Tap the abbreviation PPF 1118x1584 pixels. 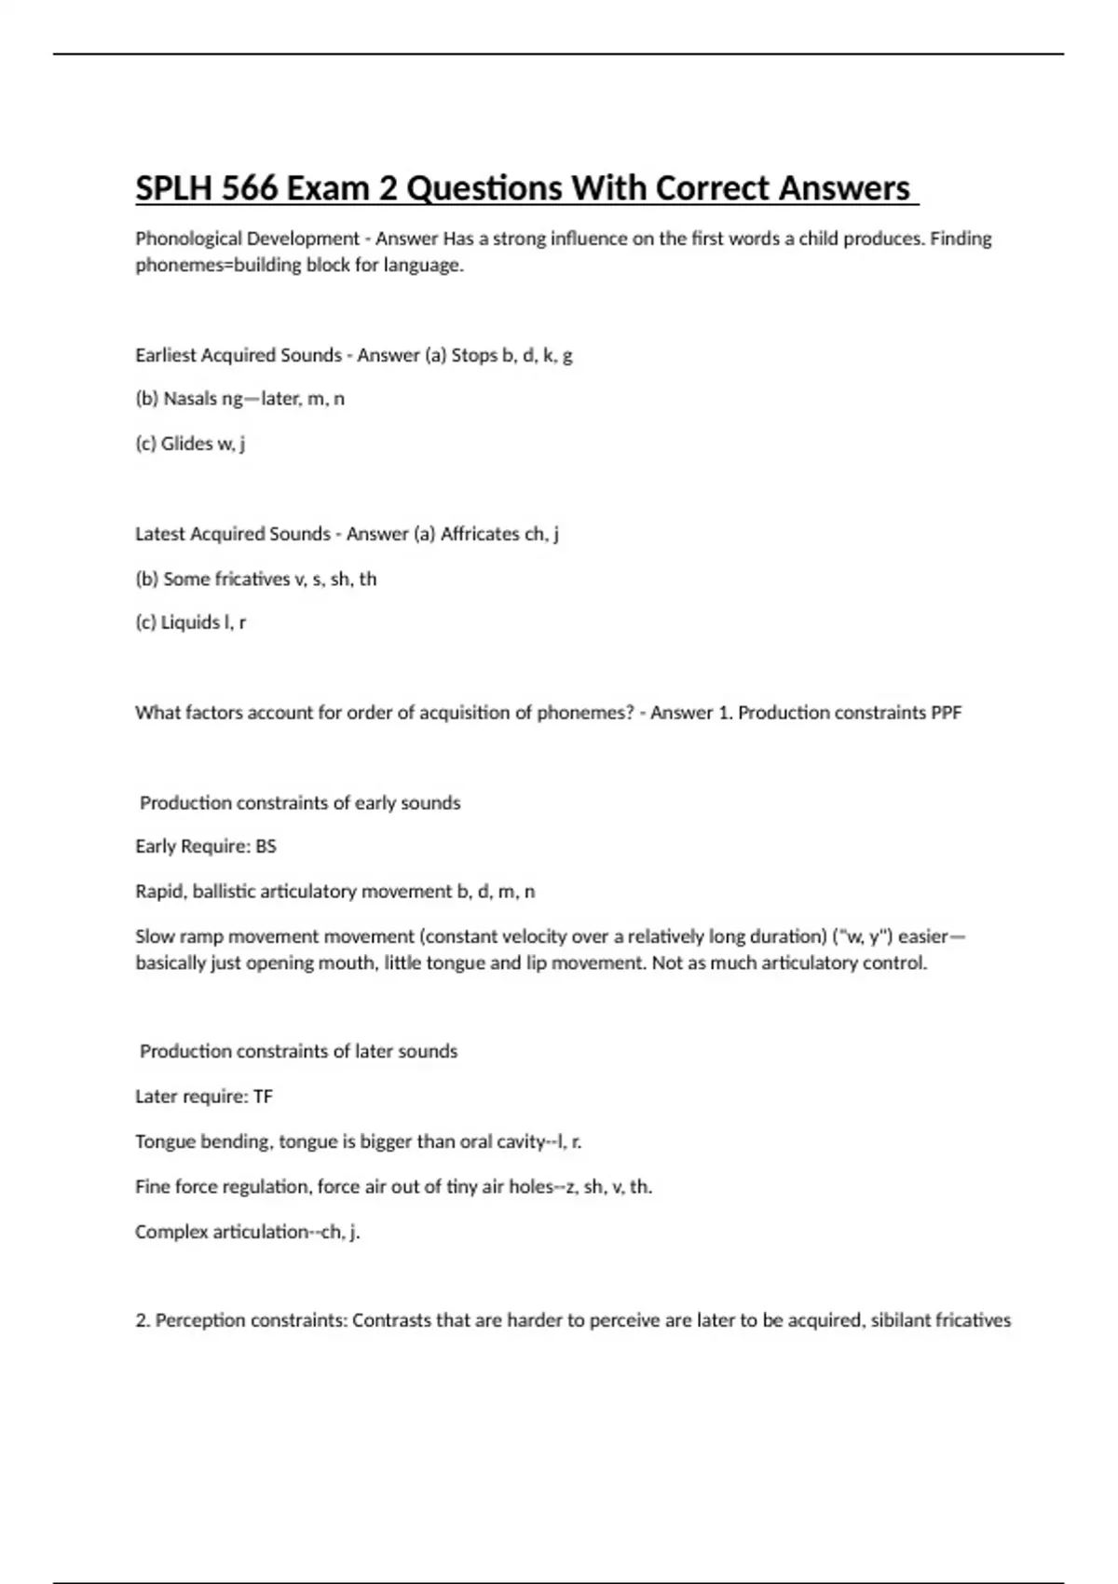[x=946, y=713]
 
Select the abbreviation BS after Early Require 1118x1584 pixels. [x=266, y=847]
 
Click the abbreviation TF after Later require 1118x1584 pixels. [x=263, y=1097]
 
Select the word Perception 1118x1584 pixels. [x=202, y=1320]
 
